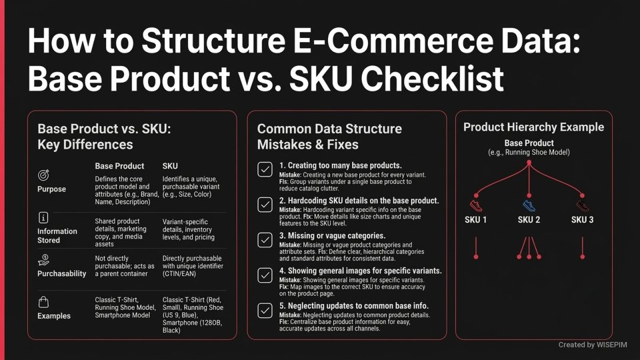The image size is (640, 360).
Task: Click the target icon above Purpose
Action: (x=44, y=174)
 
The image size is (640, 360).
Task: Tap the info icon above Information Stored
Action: (x=44, y=217)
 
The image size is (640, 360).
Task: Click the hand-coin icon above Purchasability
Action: (x=44, y=259)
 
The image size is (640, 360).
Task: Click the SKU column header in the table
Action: (x=171, y=165)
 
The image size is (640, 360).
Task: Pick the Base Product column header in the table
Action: (x=119, y=165)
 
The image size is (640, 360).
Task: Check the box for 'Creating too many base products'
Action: (x=265, y=169)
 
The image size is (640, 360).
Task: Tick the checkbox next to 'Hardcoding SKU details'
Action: (x=265, y=204)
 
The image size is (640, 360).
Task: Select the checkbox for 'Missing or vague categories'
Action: (x=265, y=239)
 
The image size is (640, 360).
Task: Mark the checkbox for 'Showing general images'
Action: (x=265, y=275)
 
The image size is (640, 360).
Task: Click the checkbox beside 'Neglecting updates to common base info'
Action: (x=265, y=310)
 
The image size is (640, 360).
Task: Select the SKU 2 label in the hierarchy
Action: (x=529, y=220)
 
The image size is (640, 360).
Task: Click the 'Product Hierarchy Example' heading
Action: (x=533, y=127)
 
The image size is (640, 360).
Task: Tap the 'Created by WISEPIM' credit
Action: (x=593, y=345)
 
